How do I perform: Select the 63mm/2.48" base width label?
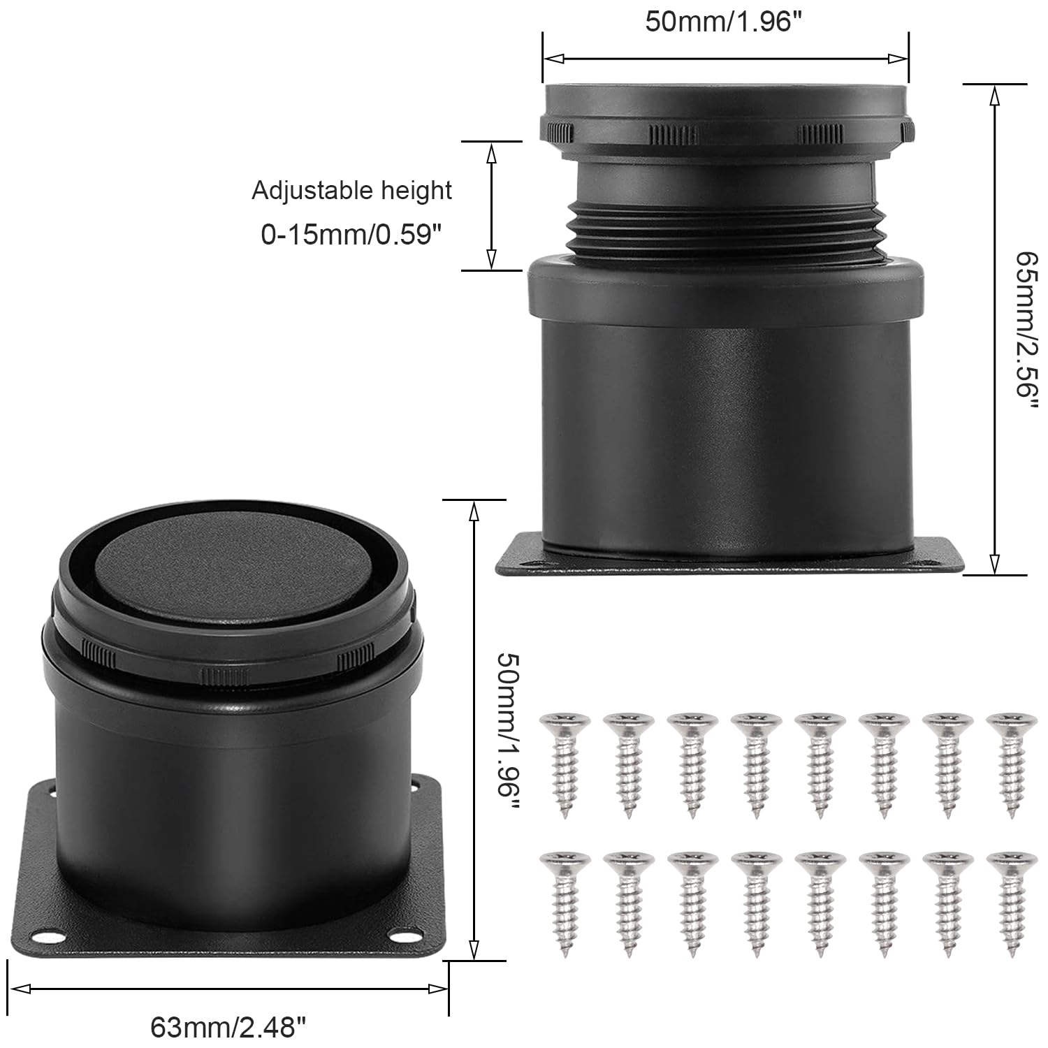pos(228,1027)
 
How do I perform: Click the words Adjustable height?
pos(351,190)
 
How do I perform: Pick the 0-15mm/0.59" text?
pos(352,235)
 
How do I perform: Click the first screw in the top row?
pos(565,764)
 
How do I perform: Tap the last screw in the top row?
pos(1010,764)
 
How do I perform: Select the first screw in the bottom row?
pos(565,902)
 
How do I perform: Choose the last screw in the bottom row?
pos(1010,902)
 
